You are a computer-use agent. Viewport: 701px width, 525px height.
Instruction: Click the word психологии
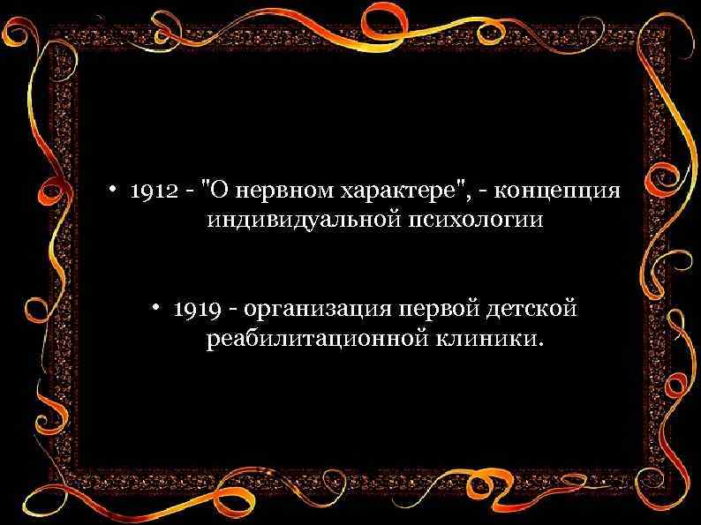click(473, 221)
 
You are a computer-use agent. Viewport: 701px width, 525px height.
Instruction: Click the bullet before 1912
click(114, 193)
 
